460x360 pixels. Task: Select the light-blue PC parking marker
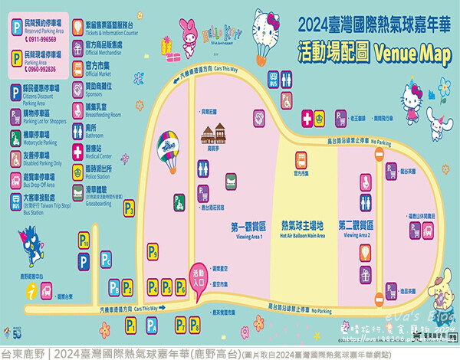tap(106, 263)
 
